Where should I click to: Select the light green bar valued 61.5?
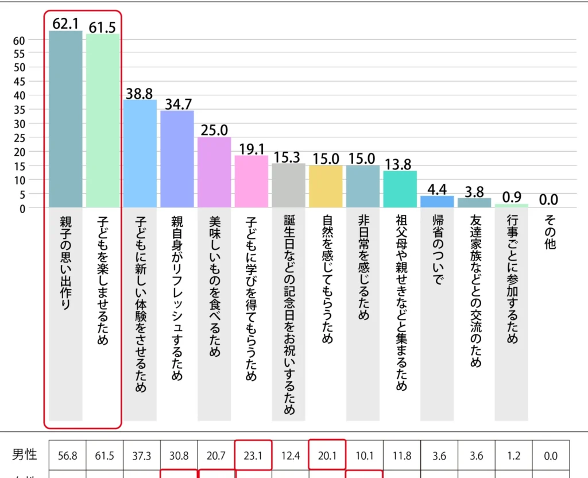pyautogui.click(x=103, y=120)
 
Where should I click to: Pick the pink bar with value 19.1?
pyautogui.click(x=252, y=181)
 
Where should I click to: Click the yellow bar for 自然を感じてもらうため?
pyautogui.click(x=326, y=186)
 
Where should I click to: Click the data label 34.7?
pyautogui.click(x=178, y=104)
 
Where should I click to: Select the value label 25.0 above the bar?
pyautogui.click(x=215, y=130)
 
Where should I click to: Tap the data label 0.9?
pyautogui.click(x=512, y=197)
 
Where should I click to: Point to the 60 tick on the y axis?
pyautogui.click(x=19, y=40)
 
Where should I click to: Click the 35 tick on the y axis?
pyautogui.click(x=19, y=110)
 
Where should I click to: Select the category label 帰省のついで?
pyautogui.click(x=437, y=249)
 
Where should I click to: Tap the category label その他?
pyautogui.click(x=548, y=233)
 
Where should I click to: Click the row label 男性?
pyautogui.click(x=25, y=456)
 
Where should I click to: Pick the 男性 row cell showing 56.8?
pyautogui.click(x=68, y=456)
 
